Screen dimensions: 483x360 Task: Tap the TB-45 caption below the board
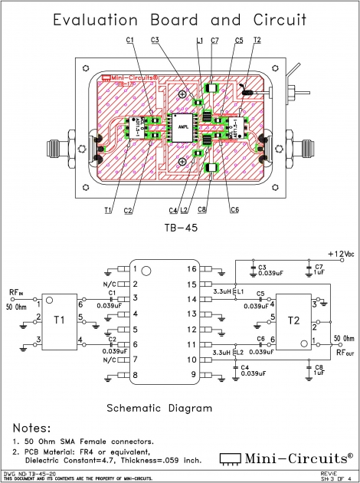point(181,228)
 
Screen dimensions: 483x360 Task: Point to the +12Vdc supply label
point(340,253)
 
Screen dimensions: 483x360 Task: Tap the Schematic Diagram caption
point(159,408)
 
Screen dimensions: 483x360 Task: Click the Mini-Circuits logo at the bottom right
point(287,458)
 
